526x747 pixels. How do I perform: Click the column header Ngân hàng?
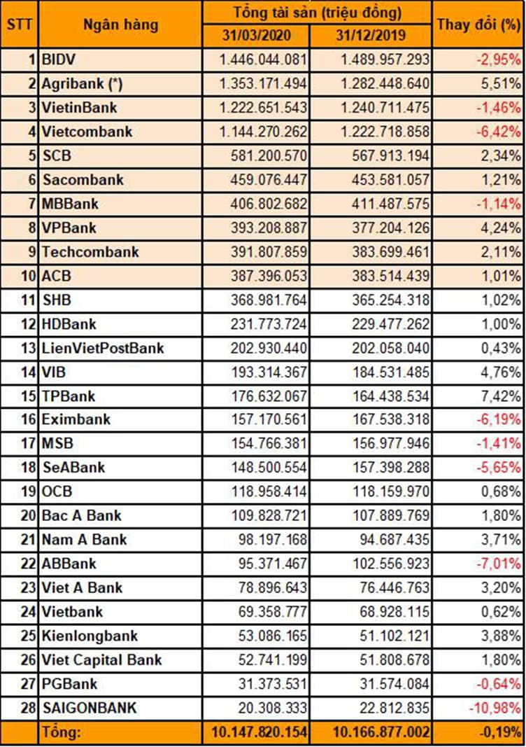(120, 25)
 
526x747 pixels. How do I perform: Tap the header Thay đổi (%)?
(479, 24)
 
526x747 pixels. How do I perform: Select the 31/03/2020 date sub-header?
(256, 36)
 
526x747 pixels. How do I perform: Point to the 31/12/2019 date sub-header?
(371, 36)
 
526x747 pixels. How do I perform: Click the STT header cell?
(20, 24)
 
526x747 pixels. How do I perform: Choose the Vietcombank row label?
(87, 132)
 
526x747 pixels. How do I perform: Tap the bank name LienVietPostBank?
(103, 348)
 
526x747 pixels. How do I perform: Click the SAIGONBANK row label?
(89, 708)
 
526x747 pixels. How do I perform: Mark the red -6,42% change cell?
(498, 132)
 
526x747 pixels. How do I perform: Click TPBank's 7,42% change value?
(502, 396)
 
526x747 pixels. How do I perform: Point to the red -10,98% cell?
(495, 708)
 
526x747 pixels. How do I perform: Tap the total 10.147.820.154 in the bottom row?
(258, 733)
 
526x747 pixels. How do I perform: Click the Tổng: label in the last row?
(62, 733)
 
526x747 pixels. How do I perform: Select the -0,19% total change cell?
(499, 733)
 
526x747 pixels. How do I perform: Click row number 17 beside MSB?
(27, 443)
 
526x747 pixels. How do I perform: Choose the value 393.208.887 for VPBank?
(269, 228)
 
